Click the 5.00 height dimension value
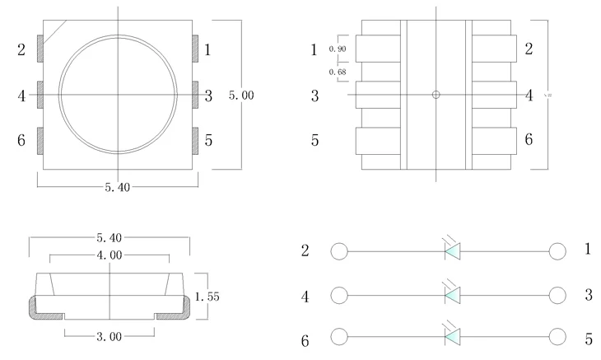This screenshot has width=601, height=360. point(241,96)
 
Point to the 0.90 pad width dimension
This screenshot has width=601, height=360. point(338,49)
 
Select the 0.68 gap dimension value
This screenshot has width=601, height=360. point(338,72)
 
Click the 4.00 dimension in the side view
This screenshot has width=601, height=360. point(110,256)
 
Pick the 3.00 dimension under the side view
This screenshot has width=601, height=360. point(109,336)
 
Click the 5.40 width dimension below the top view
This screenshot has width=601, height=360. point(117,188)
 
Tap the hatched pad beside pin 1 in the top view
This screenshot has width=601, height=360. point(195,49)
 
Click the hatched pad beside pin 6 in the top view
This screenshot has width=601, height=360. point(40,140)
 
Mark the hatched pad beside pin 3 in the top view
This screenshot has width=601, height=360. point(195,95)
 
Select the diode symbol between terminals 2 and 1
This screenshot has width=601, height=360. point(452,250)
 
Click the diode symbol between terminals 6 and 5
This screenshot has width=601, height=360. point(452,336)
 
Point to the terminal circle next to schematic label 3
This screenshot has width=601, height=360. point(557,294)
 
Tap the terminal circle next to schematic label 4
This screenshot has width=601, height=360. point(338,294)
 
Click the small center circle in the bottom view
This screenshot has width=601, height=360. point(436,95)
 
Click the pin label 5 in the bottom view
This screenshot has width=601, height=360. point(314,140)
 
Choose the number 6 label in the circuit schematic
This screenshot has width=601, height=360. point(305,339)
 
